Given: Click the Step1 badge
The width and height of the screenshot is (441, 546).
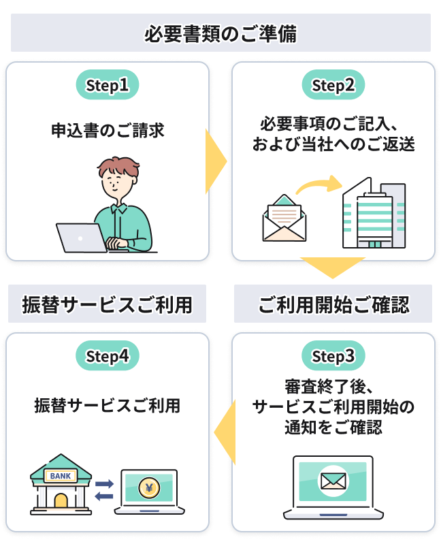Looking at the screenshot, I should [x=107, y=85].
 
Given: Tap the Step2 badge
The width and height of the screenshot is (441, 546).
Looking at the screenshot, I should [x=333, y=85].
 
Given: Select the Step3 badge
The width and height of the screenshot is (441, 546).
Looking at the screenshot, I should [x=333, y=356].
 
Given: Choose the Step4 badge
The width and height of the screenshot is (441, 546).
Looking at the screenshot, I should [x=107, y=356].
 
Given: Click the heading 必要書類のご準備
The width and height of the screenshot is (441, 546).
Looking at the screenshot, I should [x=220, y=33].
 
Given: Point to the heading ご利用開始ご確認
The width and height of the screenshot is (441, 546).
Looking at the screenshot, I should [x=333, y=304].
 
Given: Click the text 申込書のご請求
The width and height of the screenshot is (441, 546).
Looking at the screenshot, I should [x=108, y=130].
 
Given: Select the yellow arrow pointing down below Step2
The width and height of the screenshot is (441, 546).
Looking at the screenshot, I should [x=333, y=268].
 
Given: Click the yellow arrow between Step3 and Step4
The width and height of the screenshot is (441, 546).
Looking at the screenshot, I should [x=224, y=432].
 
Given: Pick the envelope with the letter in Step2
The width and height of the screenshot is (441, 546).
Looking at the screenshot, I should [x=284, y=219].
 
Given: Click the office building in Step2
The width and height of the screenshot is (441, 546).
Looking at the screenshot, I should [x=372, y=214].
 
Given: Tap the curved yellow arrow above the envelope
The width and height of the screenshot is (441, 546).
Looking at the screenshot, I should [x=318, y=184].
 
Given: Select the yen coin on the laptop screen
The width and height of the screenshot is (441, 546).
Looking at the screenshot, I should [x=149, y=487].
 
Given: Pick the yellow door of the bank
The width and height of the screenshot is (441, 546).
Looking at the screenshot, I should [x=61, y=503].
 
